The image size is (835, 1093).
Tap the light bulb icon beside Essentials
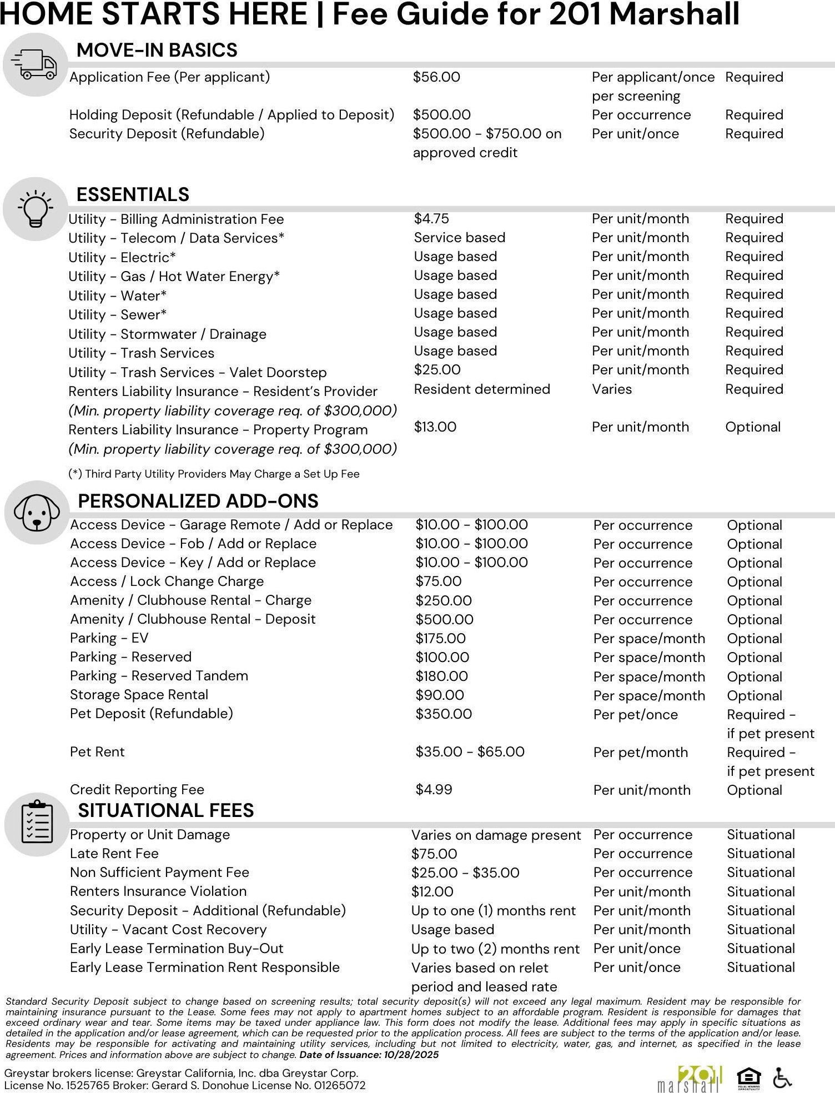[x=36, y=209]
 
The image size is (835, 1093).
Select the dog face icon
[x=37, y=513]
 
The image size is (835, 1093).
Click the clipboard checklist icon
[x=37, y=824]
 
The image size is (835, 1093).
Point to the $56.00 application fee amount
[x=436, y=77]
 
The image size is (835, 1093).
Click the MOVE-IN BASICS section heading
[x=157, y=50]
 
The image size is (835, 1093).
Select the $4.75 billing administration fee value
[x=431, y=219]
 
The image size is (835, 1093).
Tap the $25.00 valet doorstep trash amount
[x=437, y=370]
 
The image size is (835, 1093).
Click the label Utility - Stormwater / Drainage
[x=167, y=334]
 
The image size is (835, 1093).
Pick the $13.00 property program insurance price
[x=435, y=427]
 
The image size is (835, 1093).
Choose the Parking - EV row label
[x=109, y=638]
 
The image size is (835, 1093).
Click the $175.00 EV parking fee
[x=440, y=639]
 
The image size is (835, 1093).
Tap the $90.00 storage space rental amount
[x=440, y=695]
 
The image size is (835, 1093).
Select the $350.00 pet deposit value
[x=444, y=714]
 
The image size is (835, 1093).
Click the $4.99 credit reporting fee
[x=434, y=790]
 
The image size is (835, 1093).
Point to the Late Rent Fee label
[x=114, y=854]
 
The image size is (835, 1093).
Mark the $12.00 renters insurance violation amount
[x=432, y=892]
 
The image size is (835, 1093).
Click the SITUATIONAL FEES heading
[x=165, y=810]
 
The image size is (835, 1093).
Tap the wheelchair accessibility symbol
[x=783, y=1079]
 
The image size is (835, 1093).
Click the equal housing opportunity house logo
[x=748, y=1079]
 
